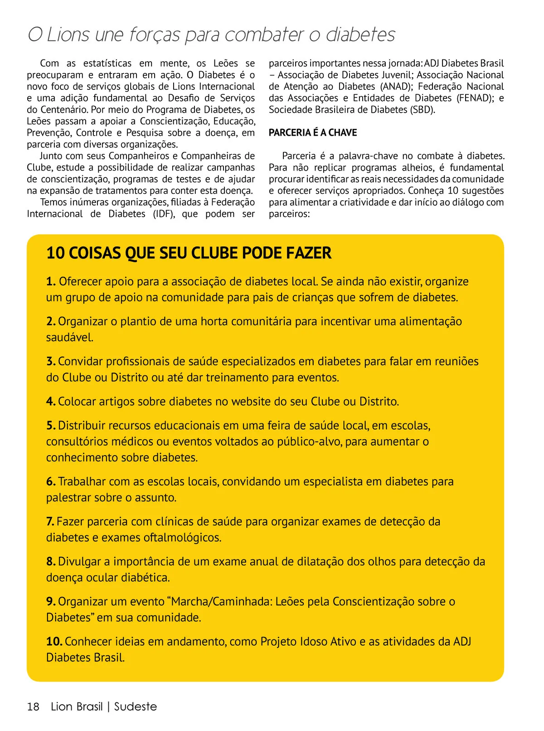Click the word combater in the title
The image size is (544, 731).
265,35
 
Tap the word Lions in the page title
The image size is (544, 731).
68,35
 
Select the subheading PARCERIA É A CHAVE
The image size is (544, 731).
313,132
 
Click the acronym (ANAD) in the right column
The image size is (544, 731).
394,86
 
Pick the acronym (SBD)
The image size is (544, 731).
423,109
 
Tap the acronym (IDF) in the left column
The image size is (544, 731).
163,214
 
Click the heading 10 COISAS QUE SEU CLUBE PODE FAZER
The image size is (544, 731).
189,253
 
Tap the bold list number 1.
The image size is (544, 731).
51,281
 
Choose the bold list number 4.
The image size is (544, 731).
51,401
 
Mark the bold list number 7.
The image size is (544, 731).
50,521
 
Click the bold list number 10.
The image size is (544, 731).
54,641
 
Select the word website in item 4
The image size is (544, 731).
253,401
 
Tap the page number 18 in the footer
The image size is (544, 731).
33,706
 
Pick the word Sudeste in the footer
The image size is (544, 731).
136,706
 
